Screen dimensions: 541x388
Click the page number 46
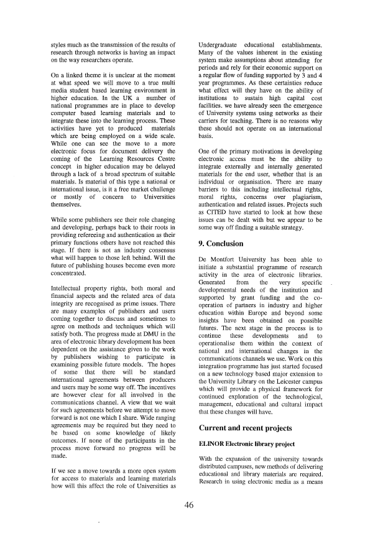189,505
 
